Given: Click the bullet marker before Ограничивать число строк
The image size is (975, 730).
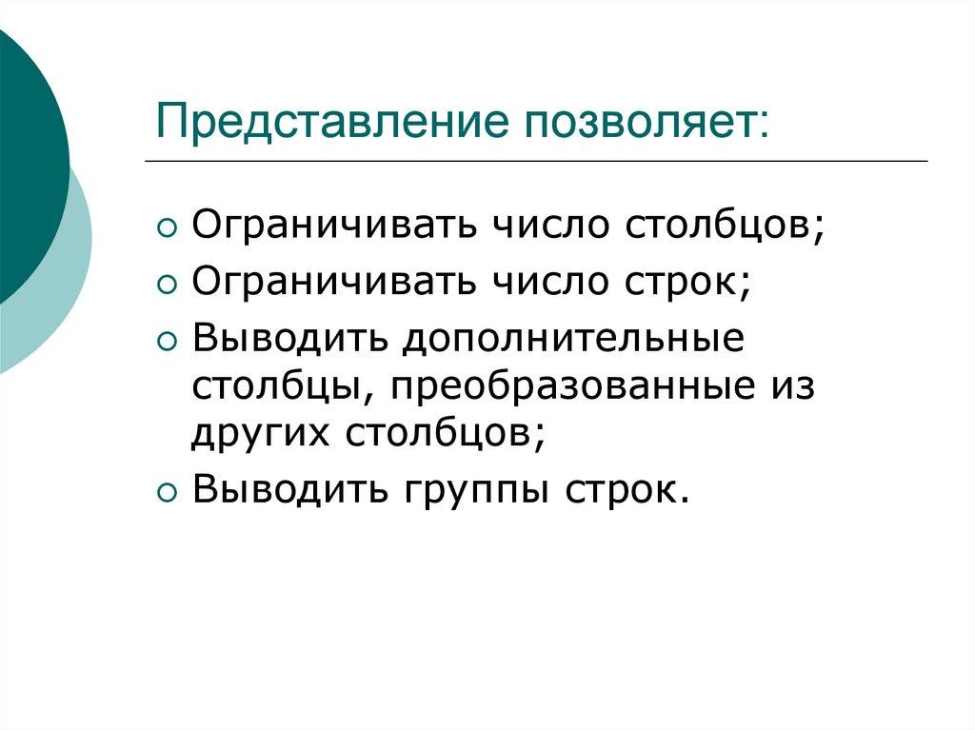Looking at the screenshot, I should [167, 285].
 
